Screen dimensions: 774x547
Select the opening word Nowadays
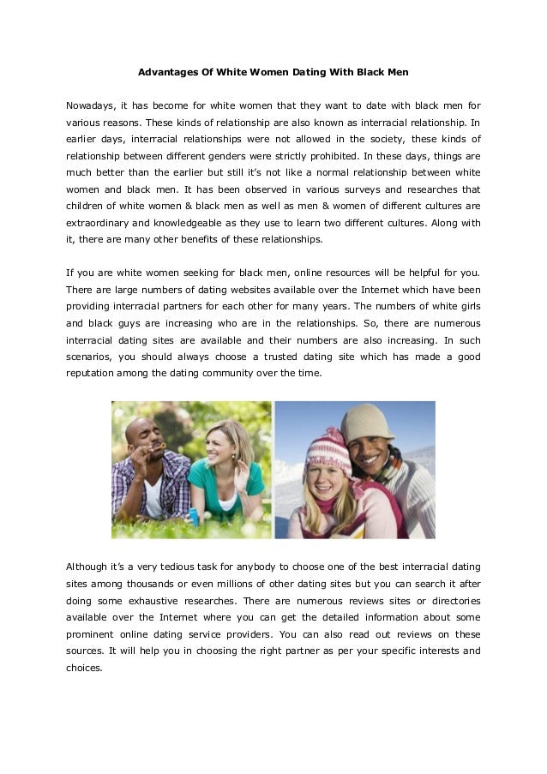click(89, 105)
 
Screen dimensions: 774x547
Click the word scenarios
click(88, 357)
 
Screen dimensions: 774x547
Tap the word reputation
click(91, 374)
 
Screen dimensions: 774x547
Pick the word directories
click(452, 601)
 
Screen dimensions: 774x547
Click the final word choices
click(83, 668)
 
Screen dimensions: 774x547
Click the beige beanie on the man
click(367, 422)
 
